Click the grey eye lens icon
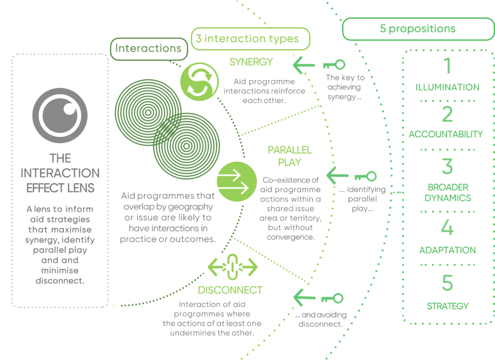[x=60, y=115]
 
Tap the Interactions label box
[x=149, y=49]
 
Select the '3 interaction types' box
[x=251, y=39]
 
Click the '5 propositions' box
[x=418, y=29]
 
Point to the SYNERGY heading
[x=251, y=62]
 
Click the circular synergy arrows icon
[x=199, y=82]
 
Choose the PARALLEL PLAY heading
[x=290, y=156]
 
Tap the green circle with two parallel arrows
[x=237, y=181]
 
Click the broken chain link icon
[x=233, y=267]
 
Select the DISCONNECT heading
[x=230, y=290]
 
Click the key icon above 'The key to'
[x=334, y=65]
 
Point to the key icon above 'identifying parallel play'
[x=365, y=176]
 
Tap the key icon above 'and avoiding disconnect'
[x=332, y=298]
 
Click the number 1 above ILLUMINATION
[x=447, y=66]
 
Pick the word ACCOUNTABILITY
[x=446, y=134]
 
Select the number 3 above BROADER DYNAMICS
[x=447, y=166]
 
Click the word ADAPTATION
[x=447, y=250]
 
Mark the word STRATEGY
[x=448, y=306]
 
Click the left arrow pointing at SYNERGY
[x=304, y=65]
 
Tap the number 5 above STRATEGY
[x=447, y=283]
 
